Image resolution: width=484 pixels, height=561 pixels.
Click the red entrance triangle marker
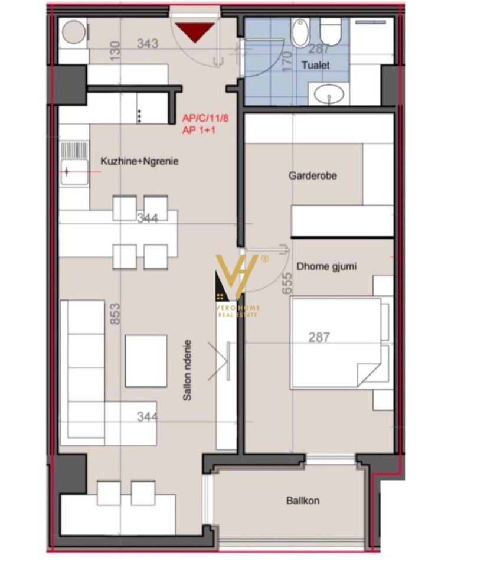195,32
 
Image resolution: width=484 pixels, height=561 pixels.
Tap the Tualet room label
316,65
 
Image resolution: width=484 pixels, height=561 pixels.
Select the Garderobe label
313,175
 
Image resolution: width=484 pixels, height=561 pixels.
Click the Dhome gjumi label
326,266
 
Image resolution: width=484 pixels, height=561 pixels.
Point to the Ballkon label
303,501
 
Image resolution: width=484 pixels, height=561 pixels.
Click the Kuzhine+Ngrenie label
139,161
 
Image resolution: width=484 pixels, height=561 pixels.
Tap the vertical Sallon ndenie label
187,370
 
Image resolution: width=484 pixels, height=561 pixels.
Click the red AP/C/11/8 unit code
205,118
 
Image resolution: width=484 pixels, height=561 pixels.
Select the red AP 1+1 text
199,130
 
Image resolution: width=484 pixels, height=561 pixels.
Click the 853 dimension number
115,314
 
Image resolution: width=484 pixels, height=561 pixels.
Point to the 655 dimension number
287,283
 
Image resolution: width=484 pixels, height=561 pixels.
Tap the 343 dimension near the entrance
148,44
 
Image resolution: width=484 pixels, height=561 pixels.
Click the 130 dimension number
115,51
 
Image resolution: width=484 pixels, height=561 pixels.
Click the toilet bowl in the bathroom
330,31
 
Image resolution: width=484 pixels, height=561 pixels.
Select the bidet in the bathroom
300,32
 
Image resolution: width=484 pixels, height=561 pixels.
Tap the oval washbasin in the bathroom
329,94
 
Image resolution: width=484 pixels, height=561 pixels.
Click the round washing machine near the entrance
74,32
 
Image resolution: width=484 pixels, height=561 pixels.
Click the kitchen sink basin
75,172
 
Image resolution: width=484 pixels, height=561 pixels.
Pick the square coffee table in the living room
146,361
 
